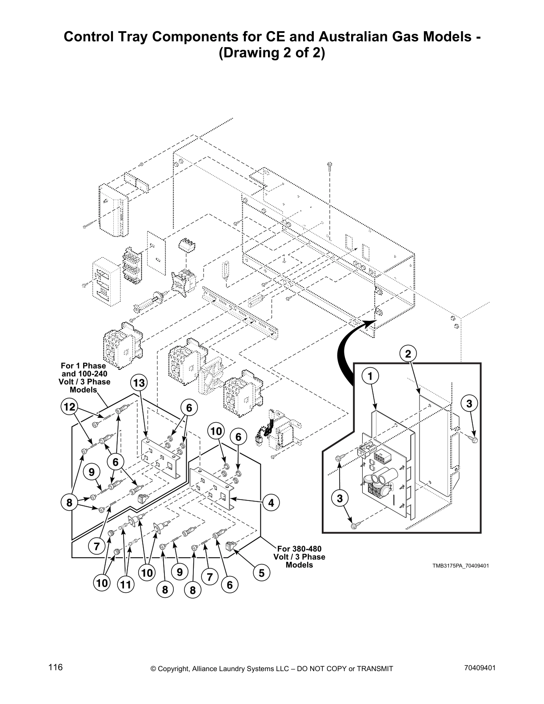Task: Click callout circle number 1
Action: tap(369, 376)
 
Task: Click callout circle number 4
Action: tap(271, 503)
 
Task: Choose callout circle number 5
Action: tap(261, 573)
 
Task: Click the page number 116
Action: tap(56, 667)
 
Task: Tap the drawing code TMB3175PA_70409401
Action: tap(455, 566)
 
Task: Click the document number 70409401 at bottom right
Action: tap(480, 668)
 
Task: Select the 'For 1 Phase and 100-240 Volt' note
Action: tap(84, 377)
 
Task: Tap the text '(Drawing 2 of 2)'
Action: tap(272, 53)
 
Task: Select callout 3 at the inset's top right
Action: tap(469, 404)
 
